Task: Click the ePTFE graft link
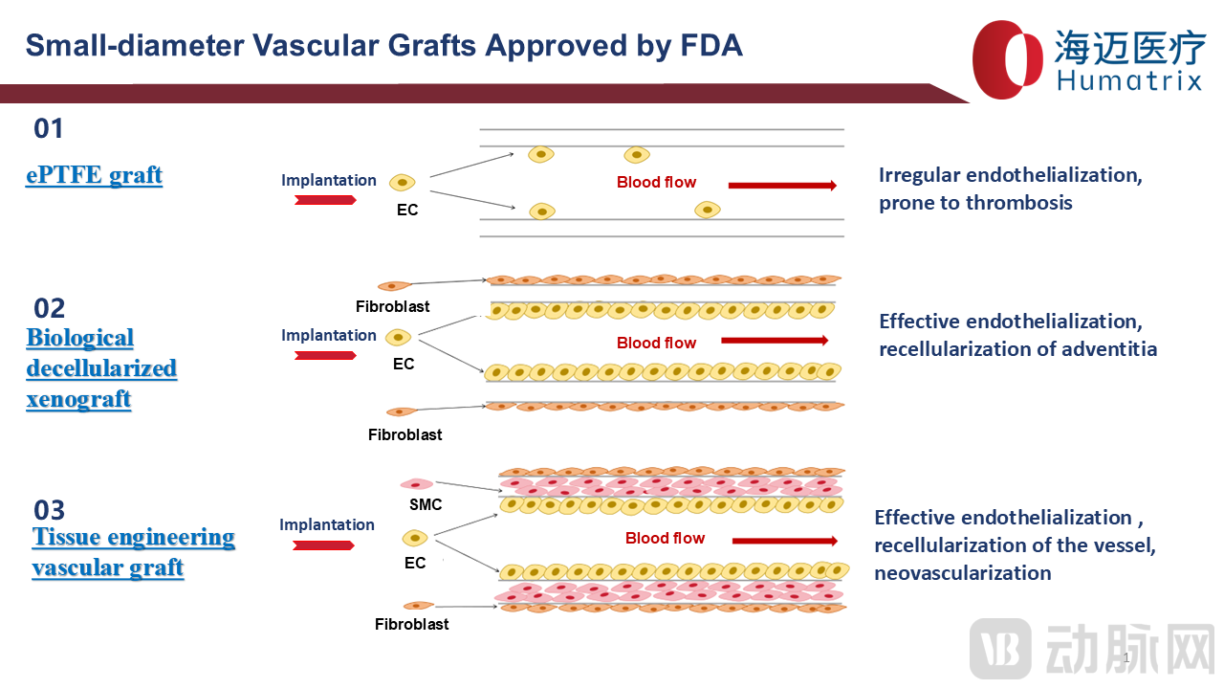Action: pyautogui.click(x=94, y=175)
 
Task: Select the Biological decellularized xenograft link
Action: pyautogui.click(x=101, y=368)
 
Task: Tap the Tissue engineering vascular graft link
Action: pyautogui.click(x=133, y=552)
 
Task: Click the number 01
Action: pyautogui.click(x=49, y=128)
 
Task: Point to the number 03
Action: pyautogui.click(x=50, y=509)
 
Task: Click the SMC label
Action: pyautogui.click(x=426, y=504)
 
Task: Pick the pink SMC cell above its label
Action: pyautogui.click(x=417, y=485)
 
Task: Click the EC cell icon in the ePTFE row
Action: pyautogui.click(x=404, y=182)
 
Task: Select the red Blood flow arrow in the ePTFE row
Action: pyautogui.click(x=782, y=186)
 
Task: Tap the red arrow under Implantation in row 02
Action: pyautogui.click(x=325, y=355)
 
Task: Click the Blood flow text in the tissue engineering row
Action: pyautogui.click(x=665, y=538)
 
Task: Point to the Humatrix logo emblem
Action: pyautogui.click(x=1008, y=59)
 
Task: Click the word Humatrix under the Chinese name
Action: pyautogui.click(x=1128, y=81)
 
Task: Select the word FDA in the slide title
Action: pyautogui.click(x=710, y=45)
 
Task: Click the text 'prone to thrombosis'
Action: pyautogui.click(x=975, y=203)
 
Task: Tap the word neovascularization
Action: pyautogui.click(x=962, y=573)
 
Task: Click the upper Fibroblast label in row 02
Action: pyautogui.click(x=392, y=307)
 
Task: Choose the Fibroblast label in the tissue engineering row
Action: pyautogui.click(x=411, y=624)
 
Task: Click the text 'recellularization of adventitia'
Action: pyautogui.click(x=1017, y=349)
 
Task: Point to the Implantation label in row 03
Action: pyautogui.click(x=327, y=524)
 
